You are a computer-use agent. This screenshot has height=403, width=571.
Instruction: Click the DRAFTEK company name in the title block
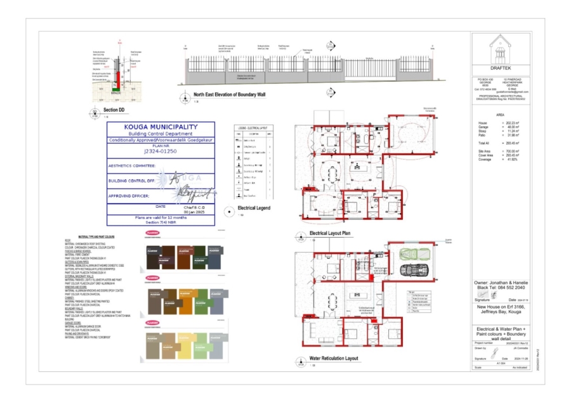pos(501,67)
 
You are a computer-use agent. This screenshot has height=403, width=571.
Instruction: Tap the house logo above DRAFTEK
pos(501,47)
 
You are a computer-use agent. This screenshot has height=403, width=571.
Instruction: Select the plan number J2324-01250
pos(161,152)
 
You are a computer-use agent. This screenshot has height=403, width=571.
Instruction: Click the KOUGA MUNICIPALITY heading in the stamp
pos(161,127)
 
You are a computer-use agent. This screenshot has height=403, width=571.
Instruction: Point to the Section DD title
pos(114,110)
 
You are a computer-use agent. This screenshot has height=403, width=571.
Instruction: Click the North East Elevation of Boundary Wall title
pos(229,94)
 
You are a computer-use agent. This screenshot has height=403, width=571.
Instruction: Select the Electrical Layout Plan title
pos(330,233)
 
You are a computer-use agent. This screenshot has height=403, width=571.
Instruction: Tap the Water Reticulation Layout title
pos(333,359)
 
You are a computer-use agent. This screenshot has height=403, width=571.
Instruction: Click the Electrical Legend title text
pos(254,208)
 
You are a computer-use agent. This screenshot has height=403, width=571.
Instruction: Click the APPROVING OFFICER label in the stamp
pos(131,196)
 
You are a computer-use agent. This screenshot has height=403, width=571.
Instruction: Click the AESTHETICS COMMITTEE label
pos(132,166)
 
